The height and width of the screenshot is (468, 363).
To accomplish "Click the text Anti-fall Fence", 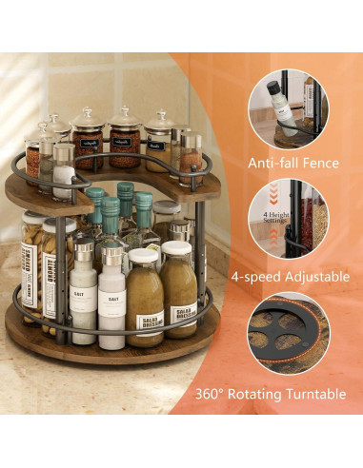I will coord(293,163).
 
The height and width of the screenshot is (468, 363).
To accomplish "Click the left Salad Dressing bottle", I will coord(145,300).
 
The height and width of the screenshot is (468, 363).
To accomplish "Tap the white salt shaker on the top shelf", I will coord(64,173).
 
